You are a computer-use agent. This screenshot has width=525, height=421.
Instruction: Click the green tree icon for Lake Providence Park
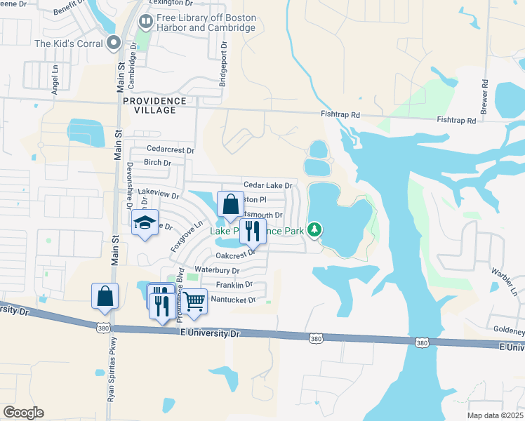[316, 229]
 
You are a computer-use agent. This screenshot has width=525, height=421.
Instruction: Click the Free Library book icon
[146, 22]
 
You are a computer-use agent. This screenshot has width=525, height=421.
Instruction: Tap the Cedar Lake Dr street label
[267, 185]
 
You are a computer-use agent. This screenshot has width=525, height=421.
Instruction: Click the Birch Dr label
[157, 163]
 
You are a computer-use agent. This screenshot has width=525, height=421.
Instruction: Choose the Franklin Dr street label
[234, 285]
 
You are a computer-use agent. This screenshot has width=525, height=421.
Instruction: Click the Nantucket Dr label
[233, 300]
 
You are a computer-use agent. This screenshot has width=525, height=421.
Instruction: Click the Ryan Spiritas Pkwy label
[111, 375]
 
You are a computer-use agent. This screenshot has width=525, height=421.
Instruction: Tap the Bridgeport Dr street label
[224, 63]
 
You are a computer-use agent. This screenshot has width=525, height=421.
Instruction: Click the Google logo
[23, 413]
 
